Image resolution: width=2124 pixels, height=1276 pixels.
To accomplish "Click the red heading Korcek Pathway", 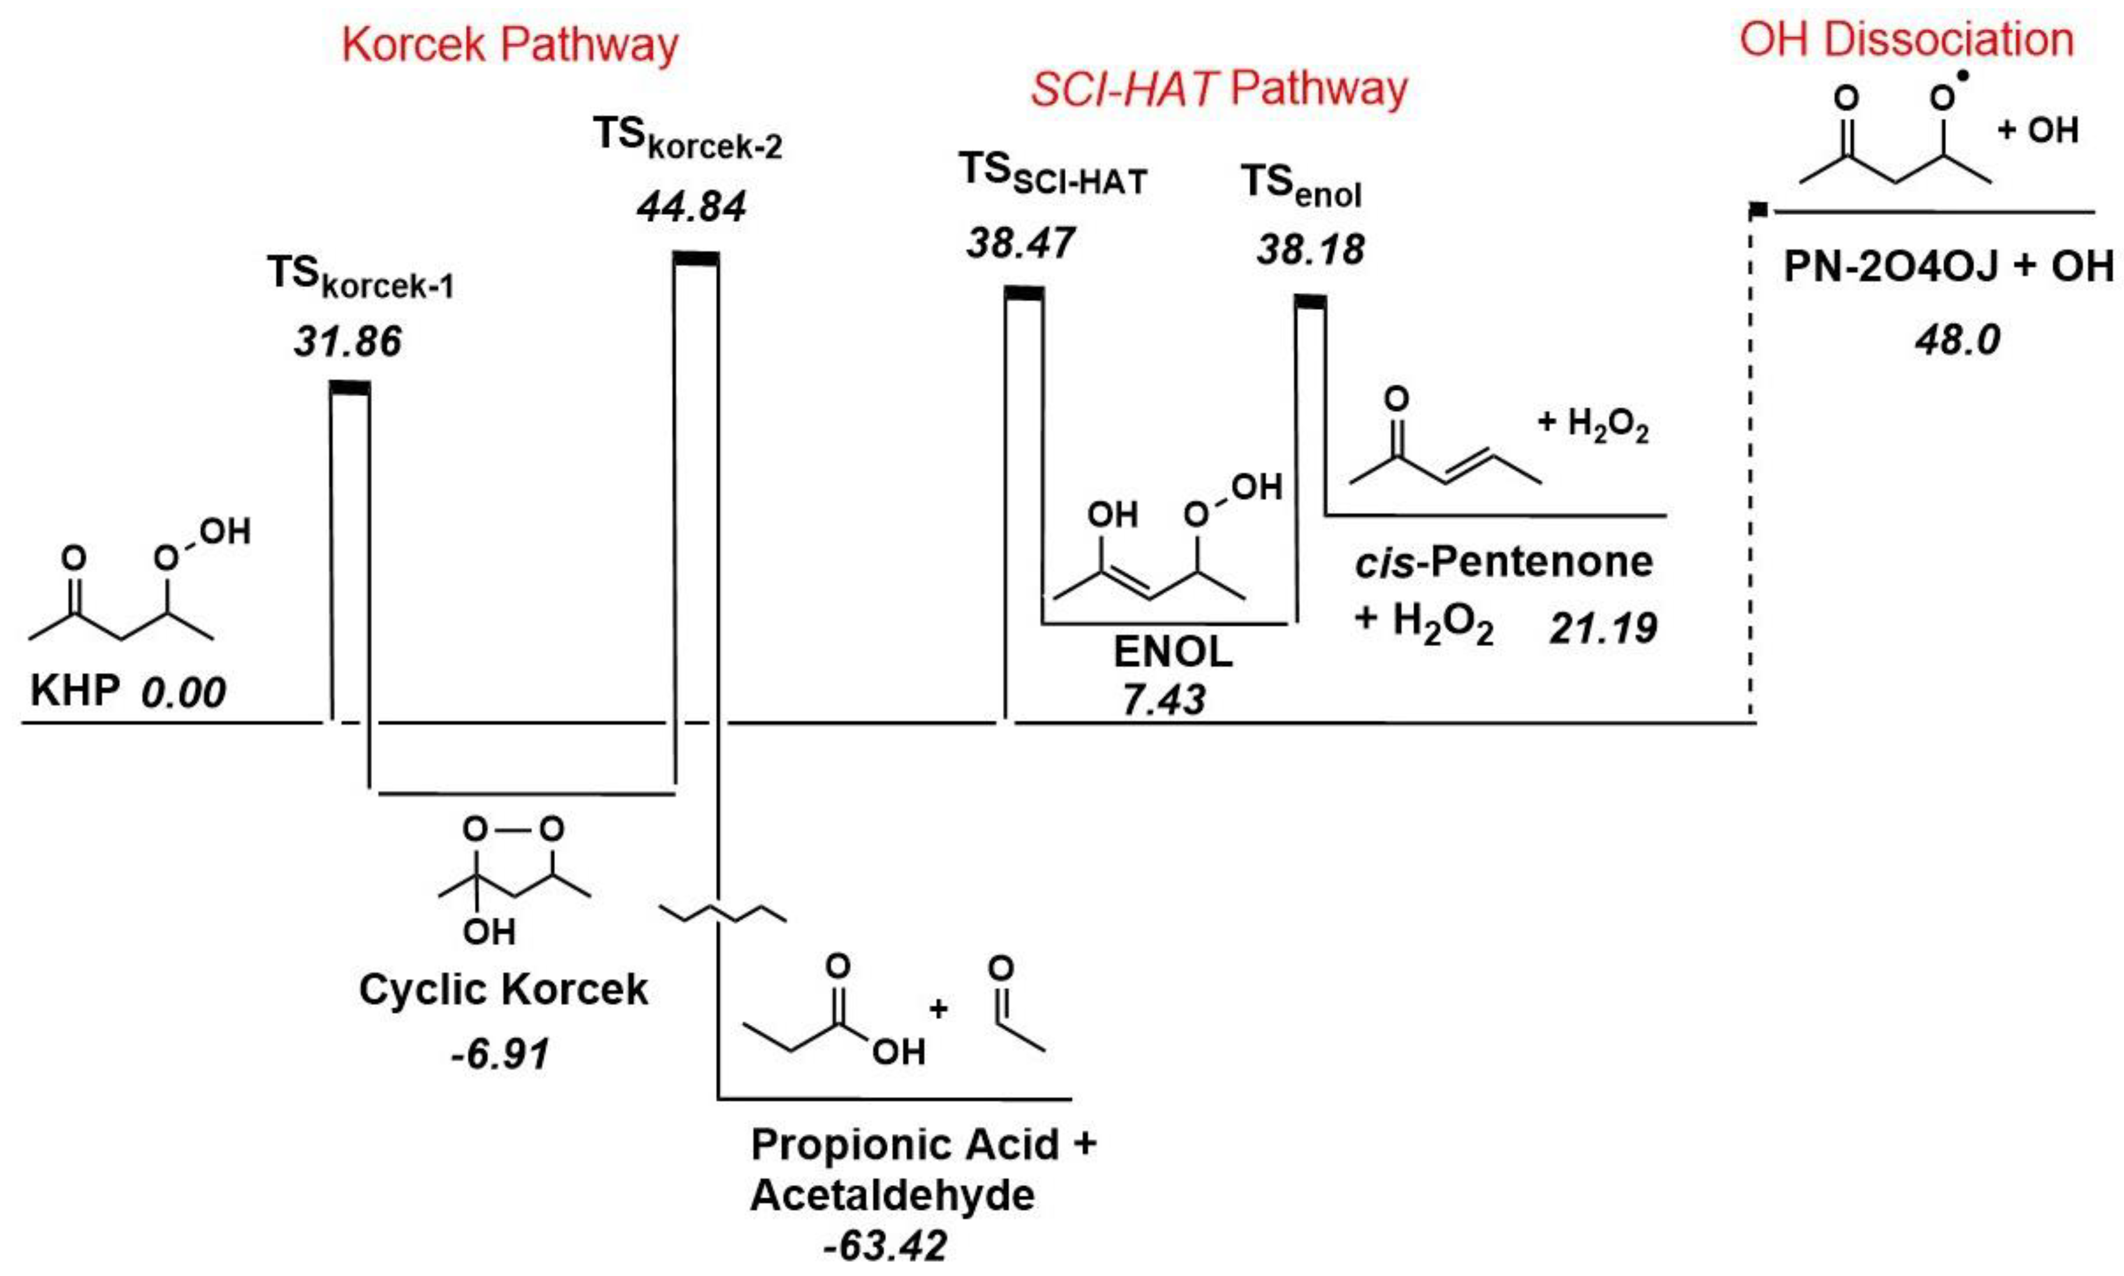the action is (510, 45).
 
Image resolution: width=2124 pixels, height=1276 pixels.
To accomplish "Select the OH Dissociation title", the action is (1907, 40).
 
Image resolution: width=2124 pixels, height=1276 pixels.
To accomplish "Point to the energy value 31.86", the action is (347, 342).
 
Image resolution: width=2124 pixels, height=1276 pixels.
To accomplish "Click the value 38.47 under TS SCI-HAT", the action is (1020, 244).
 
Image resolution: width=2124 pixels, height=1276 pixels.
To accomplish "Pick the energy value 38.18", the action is (1310, 250).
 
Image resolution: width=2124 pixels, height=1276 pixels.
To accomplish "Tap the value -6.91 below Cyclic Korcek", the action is (500, 1054).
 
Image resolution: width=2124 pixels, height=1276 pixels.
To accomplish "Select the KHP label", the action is (75, 690).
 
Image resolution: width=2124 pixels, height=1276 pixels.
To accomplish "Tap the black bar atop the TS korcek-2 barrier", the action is (696, 259).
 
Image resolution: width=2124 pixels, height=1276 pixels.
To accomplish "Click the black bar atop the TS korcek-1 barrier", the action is (350, 389).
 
